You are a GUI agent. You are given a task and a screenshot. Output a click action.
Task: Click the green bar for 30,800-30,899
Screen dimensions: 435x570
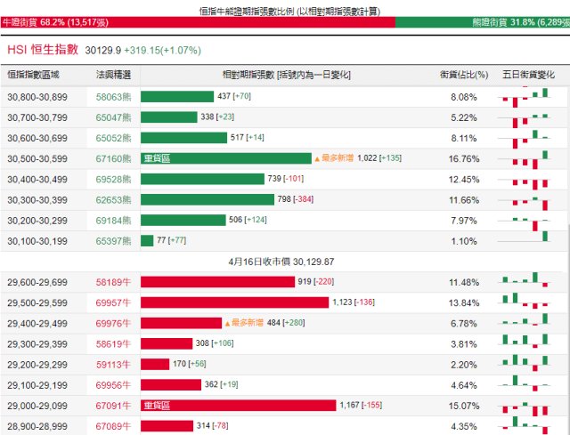[x=177, y=96]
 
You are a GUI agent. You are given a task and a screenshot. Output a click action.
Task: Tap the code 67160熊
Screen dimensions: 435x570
[x=113, y=158]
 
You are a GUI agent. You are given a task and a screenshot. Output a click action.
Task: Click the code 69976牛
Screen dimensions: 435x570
[x=113, y=323]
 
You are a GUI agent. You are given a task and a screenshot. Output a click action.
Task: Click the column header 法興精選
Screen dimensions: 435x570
[x=113, y=75]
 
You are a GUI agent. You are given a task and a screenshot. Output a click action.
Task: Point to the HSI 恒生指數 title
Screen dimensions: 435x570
[x=43, y=51]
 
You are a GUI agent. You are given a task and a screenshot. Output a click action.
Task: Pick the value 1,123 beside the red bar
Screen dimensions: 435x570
[x=343, y=302]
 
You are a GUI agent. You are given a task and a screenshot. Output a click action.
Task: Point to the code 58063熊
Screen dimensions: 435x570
[x=113, y=96]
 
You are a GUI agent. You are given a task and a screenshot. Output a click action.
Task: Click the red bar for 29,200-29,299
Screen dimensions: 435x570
[x=155, y=364]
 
